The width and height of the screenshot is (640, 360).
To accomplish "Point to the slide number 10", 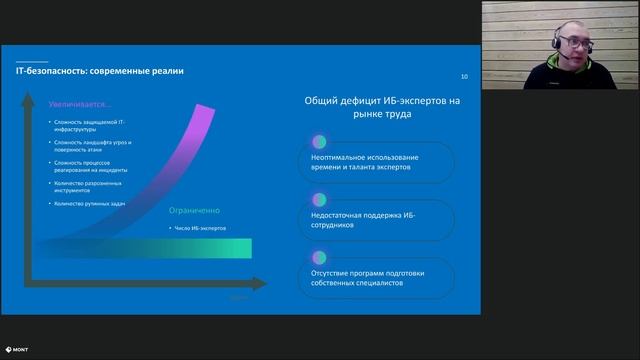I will pos(463,77).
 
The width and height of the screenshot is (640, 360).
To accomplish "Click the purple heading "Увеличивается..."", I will pos(81,103).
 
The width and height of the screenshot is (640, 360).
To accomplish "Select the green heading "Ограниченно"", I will pos(193,211).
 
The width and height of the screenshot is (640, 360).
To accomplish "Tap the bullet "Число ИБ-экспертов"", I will pos(200,228).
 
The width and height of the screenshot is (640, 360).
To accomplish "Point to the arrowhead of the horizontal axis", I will pos(263,284).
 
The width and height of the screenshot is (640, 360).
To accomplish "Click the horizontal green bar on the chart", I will pos(140,249).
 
